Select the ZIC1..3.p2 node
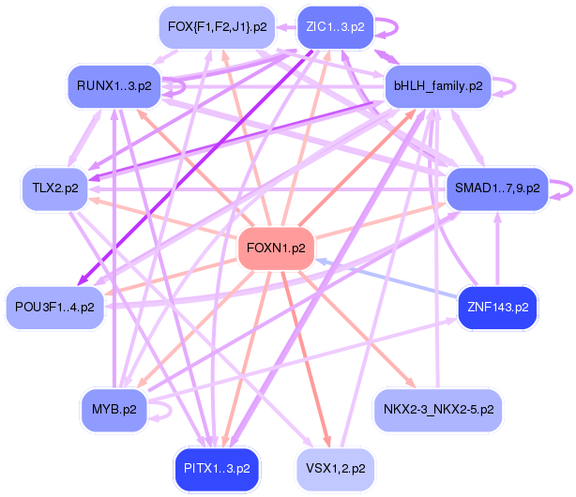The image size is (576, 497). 335,27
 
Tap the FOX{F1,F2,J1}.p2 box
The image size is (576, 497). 218,27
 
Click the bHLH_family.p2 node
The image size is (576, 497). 438,86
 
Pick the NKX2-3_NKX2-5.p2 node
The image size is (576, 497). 438,409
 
